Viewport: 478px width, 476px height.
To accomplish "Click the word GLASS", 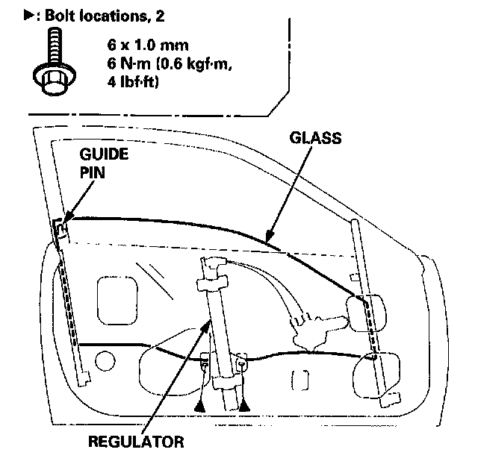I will pyautogui.click(x=315, y=137).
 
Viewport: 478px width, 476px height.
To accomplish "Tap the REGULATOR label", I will pyautogui.click(x=135, y=441).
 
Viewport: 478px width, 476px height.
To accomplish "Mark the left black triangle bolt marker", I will pyautogui.click(x=201, y=405).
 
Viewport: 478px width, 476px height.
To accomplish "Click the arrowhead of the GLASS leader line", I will pyautogui.click(x=267, y=240).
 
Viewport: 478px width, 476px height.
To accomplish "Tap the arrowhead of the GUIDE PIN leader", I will pyautogui.click(x=63, y=222).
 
